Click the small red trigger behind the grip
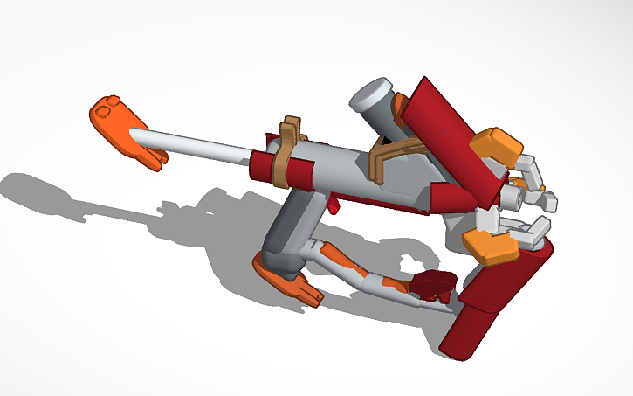pos(334,205)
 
